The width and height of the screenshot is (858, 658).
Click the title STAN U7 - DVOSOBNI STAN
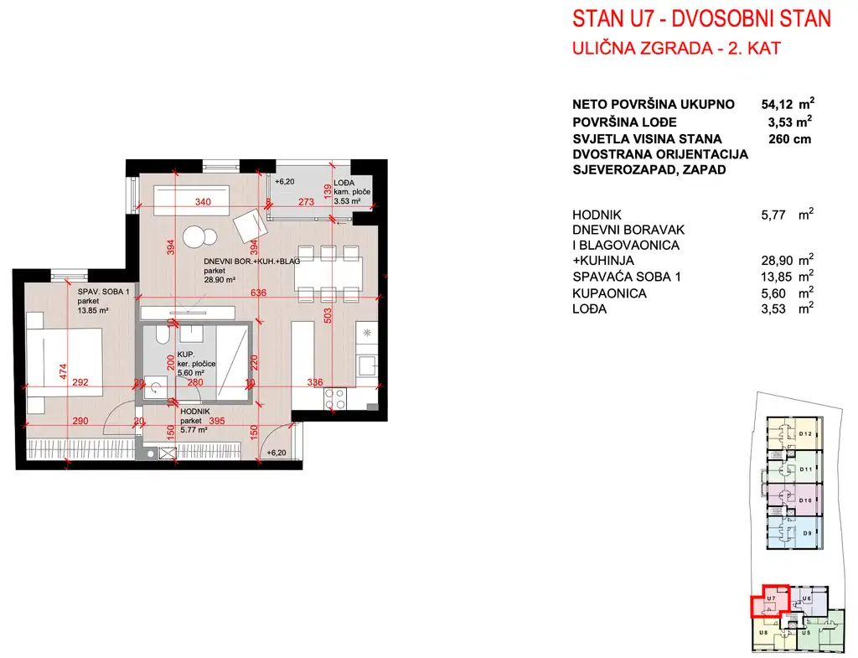tap(700, 19)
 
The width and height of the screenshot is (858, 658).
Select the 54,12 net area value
tap(776, 105)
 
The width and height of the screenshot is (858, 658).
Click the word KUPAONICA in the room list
tap(610, 293)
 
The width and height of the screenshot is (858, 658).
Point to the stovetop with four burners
tap(335, 397)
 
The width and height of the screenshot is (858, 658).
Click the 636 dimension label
tap(261, 293)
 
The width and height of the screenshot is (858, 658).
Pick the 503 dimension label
tap(328, 315)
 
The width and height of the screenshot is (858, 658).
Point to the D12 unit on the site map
tap(806, 433)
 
